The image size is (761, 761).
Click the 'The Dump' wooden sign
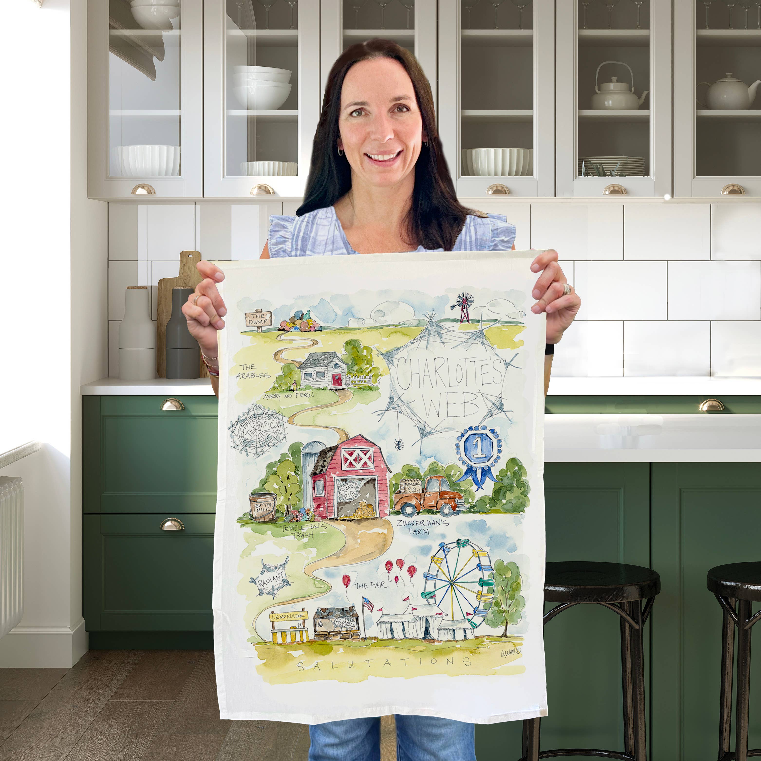(258, 318)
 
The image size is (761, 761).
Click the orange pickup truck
(429, 497)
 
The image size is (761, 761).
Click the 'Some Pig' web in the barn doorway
(348, 491)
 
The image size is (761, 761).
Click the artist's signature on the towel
(510, 653)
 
